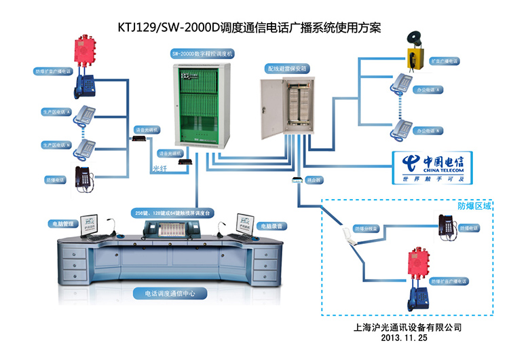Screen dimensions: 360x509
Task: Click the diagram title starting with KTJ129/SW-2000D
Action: coord(254,28)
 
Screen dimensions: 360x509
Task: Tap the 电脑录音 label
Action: coord(271,224)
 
